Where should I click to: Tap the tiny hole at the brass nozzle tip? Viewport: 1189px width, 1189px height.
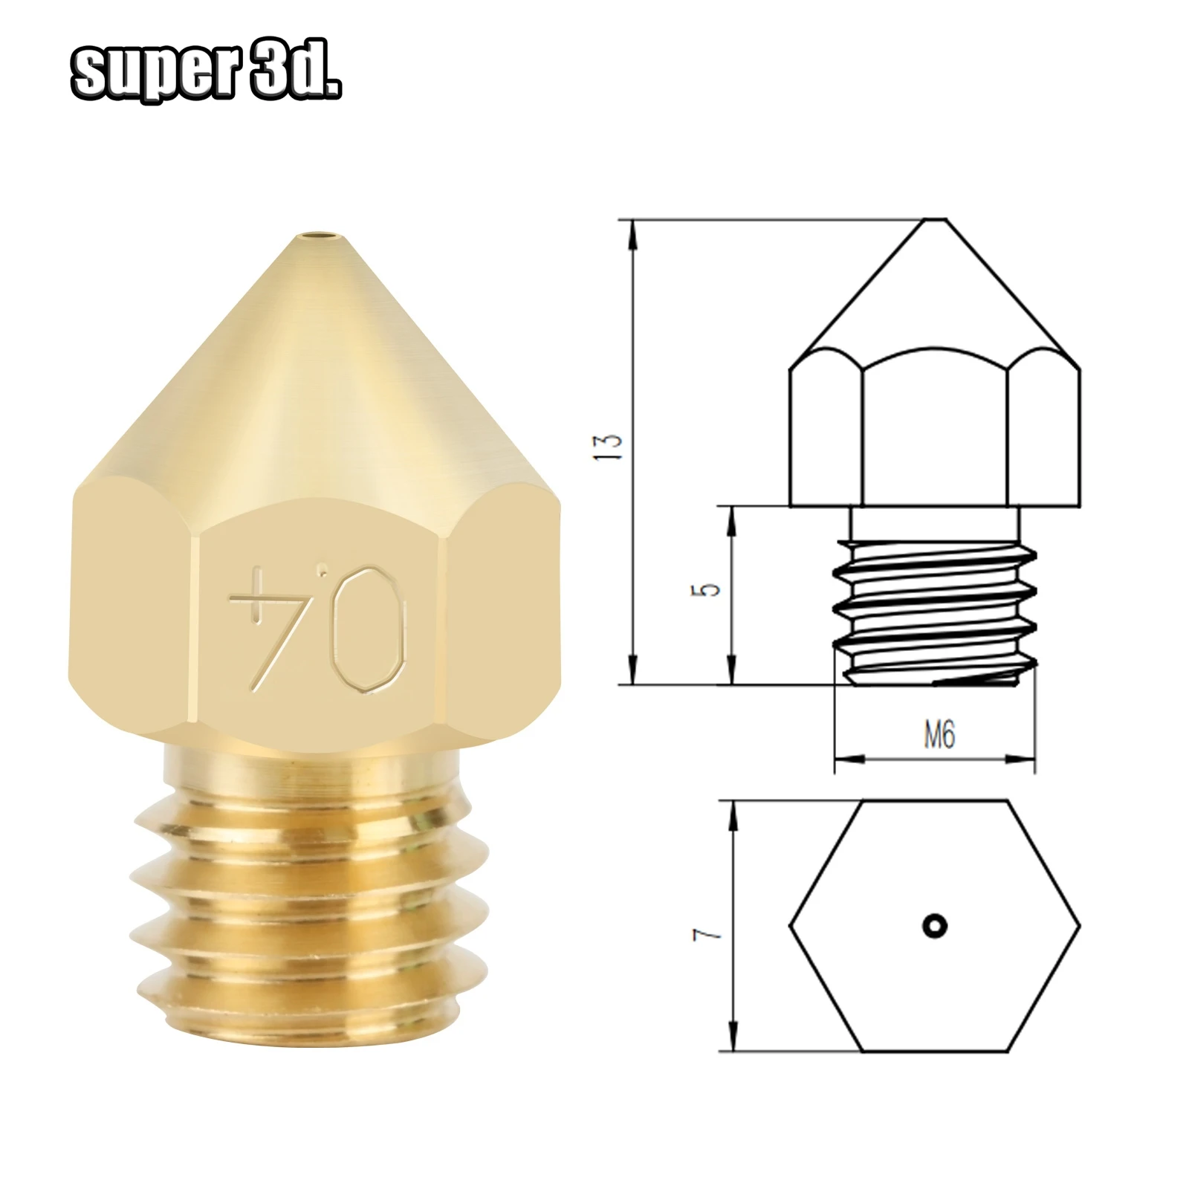(317, 239)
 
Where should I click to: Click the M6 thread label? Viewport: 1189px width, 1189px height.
(939, 735)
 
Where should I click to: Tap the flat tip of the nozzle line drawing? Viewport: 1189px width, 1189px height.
(934, 220)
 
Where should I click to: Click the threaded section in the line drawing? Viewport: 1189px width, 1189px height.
(934, 609)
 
